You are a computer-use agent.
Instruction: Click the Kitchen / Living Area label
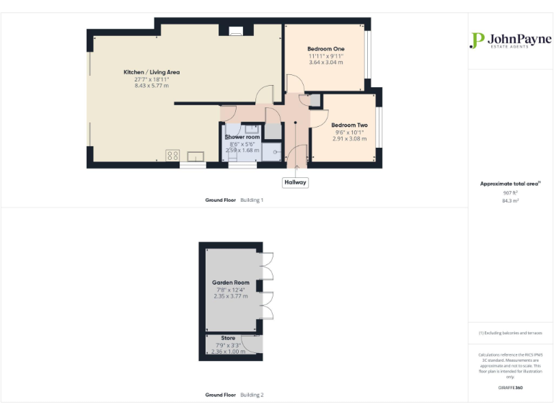151,72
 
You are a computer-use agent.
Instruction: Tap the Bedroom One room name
326,48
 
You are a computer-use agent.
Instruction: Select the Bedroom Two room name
349,125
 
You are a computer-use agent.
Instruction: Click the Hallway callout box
295,182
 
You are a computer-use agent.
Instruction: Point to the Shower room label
242,137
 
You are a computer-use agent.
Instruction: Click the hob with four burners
173,154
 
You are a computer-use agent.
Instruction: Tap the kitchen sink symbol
196,155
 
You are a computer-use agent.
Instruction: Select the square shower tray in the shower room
272,151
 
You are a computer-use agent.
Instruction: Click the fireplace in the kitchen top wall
235,30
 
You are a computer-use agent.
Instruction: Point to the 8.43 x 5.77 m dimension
151,86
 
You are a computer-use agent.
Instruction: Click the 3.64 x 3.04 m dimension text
326,62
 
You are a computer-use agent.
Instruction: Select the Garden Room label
230,282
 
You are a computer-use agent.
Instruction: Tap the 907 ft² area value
511,193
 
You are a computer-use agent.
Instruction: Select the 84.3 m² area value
511,201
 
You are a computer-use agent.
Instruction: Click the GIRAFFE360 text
510,388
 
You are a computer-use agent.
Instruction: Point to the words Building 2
252,395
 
